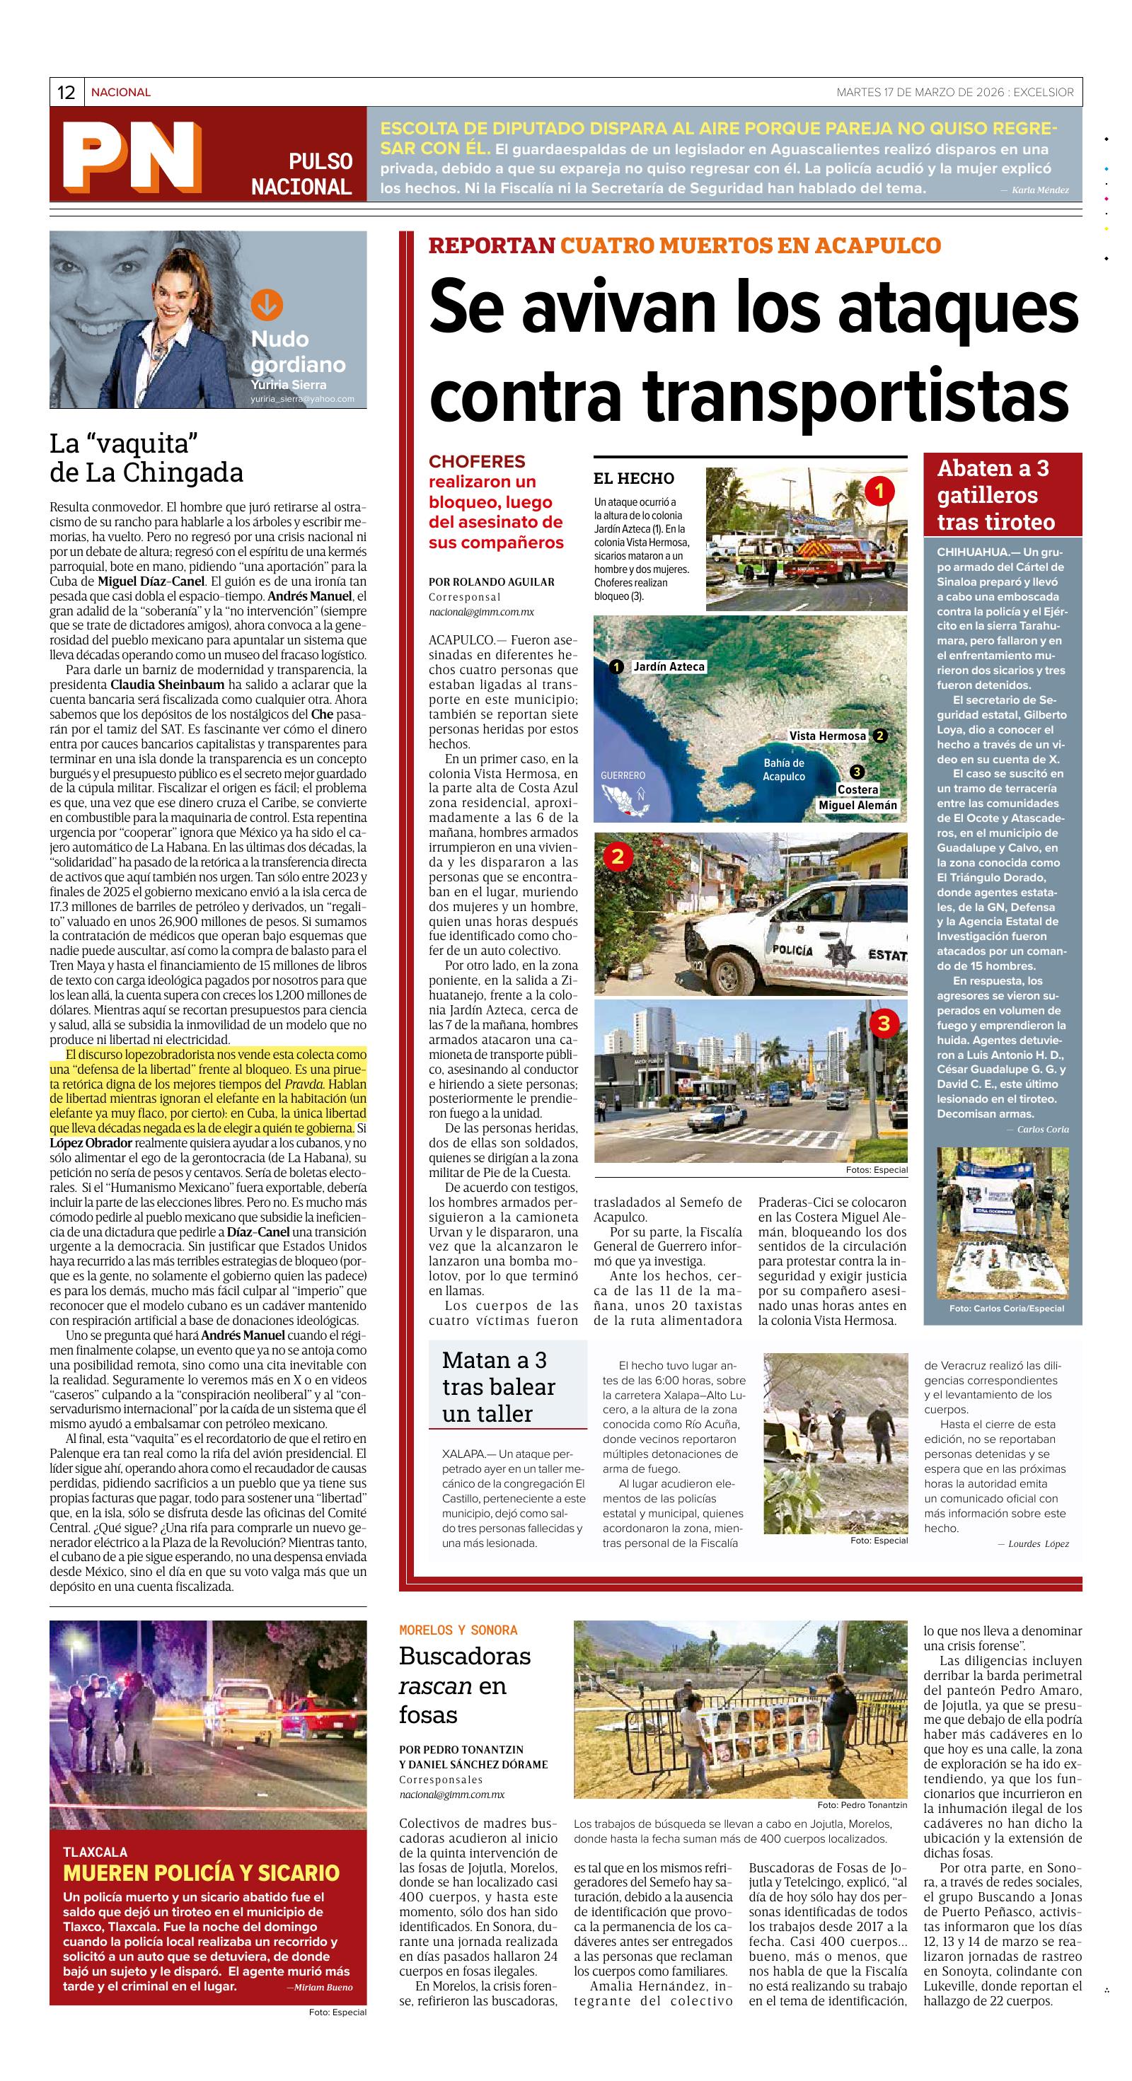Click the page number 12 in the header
pyautogui.click(x=67, y=93)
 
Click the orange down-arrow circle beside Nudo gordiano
pyautogui.click(x=267, y=305)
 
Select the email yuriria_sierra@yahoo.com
pyautogui.click(x=302, y=399)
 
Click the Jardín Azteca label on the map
pyautogui.click(x=668, y=667)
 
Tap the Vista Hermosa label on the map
pyautogui.click(x=827, y=736)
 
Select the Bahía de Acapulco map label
pyautogui.click(x=783, y=770)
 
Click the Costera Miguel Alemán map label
pyautogui.click(x=857, y=797)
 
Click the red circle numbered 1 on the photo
pyautogui.click(x=879, y=489)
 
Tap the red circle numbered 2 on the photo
pyautogui.click(x=618, y=857)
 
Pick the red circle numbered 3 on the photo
pyautogui.click(x=883, y=1024)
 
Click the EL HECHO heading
pyautogui.click(x=633, y=478)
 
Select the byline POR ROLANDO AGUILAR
pyautogui.click(x=491, y=581)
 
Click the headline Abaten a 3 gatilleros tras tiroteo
pyautogui.click(x=995, y=494)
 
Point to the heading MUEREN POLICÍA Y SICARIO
pyautogui.click(x=201, y=1872)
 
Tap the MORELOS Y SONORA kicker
pyautogui.click(x=458, y=1630)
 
